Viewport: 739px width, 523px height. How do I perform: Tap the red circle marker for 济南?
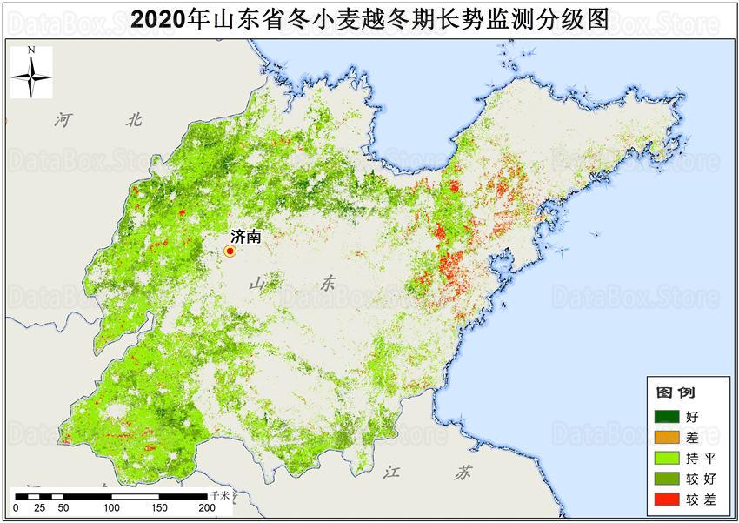click(230, 251)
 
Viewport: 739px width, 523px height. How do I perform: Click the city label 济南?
click(246, 236)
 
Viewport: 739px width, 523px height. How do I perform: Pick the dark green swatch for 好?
click(667, 416)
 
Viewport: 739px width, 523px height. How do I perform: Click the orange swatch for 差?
click(667, 437)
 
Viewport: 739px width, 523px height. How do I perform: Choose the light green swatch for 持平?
click(667, 457)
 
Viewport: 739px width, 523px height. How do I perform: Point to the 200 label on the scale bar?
click(205, 508)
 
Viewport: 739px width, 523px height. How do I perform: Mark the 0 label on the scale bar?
click(16, 508)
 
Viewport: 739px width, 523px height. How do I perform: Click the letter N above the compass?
click(30, 51)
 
